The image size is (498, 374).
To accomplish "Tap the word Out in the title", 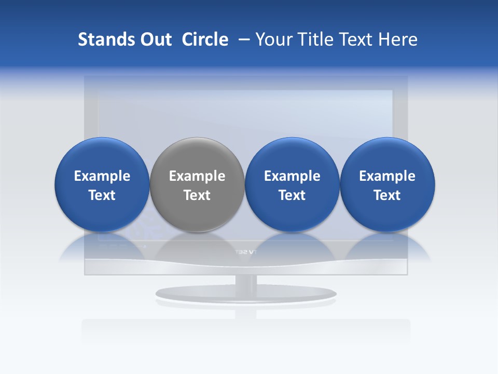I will tap(155, 39).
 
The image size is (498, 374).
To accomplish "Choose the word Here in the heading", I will tap(397, 39).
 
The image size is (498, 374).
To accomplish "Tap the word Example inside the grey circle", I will tap(197, 176).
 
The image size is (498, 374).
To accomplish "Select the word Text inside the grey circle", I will tap(197, 195).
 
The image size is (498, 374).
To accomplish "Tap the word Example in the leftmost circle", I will tap(102, 176).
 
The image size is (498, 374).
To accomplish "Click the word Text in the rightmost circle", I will tap(387, 195).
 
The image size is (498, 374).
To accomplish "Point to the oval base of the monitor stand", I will tap(246, 294).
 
